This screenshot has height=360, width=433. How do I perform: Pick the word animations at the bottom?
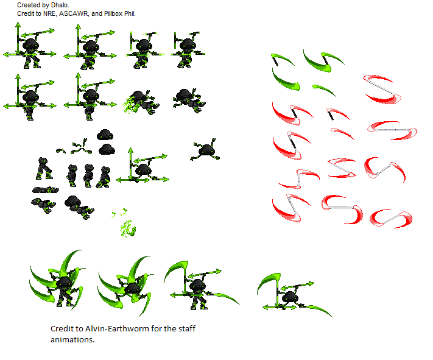72,340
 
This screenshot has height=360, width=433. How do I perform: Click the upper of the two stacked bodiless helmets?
105,135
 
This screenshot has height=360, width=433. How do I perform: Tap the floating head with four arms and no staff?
206,150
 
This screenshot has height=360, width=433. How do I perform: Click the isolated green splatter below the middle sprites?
127,228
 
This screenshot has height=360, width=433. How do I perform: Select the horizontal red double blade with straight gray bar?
392,129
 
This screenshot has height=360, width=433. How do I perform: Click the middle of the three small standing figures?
89,175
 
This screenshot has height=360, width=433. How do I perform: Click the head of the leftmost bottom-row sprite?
63,282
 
